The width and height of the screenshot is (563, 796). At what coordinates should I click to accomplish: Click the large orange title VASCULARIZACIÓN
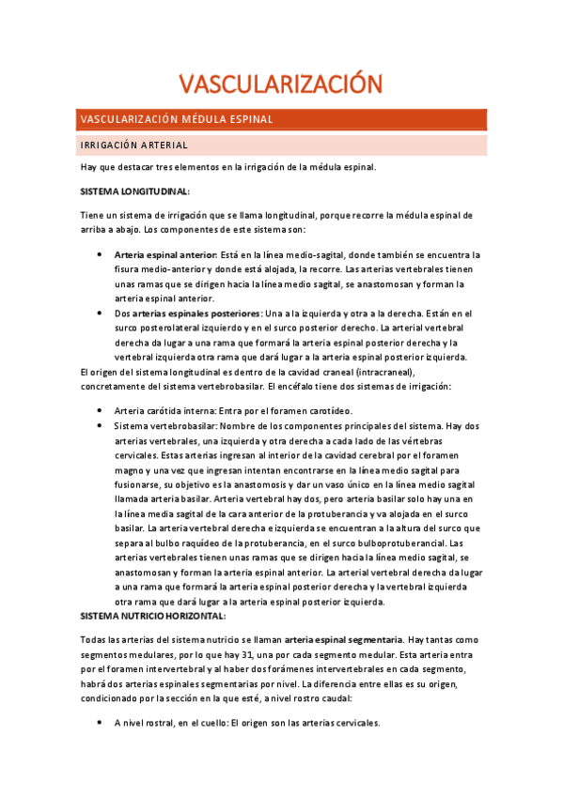(x=280, y=84)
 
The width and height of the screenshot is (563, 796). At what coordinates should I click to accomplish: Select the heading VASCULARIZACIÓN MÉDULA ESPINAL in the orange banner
(x=177, y=120)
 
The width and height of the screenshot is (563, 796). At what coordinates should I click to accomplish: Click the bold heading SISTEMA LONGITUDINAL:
(x=135, y=191)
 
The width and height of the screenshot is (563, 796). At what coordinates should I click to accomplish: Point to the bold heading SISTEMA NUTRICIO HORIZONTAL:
(x=153, y=616)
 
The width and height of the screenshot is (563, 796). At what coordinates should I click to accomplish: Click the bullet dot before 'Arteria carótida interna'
(x=102, y=411)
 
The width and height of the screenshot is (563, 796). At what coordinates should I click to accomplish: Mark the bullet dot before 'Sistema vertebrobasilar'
(x=102, y=426)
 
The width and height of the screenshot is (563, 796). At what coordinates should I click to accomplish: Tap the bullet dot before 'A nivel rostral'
(x=102, y=724)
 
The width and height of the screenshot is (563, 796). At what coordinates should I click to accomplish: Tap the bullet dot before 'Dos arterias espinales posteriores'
(x=102, y=313)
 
